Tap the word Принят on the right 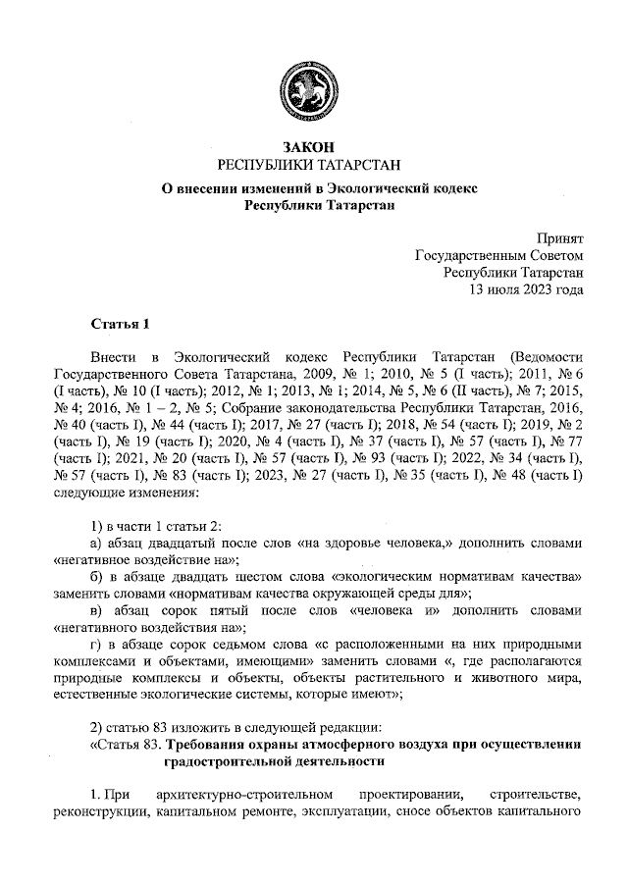tap(560, 237)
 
